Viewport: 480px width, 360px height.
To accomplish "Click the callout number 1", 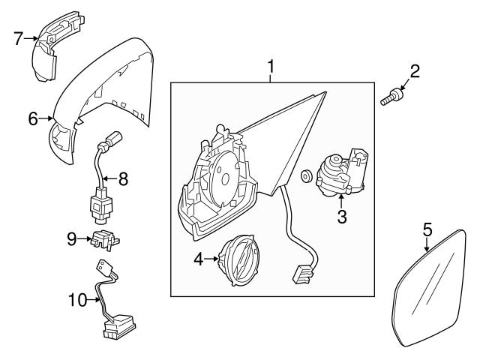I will pos(271,70).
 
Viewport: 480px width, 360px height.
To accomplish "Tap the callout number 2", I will pos(415,73).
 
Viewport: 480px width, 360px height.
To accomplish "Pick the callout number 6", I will pos(33,118).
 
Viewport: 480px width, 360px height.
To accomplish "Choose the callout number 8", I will pos(124,178).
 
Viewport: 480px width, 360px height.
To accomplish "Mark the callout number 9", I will pos(72,238).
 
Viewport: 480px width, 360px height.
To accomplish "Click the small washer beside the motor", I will pos(306,178).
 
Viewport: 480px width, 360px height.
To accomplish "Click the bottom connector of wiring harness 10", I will pos(118,325).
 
